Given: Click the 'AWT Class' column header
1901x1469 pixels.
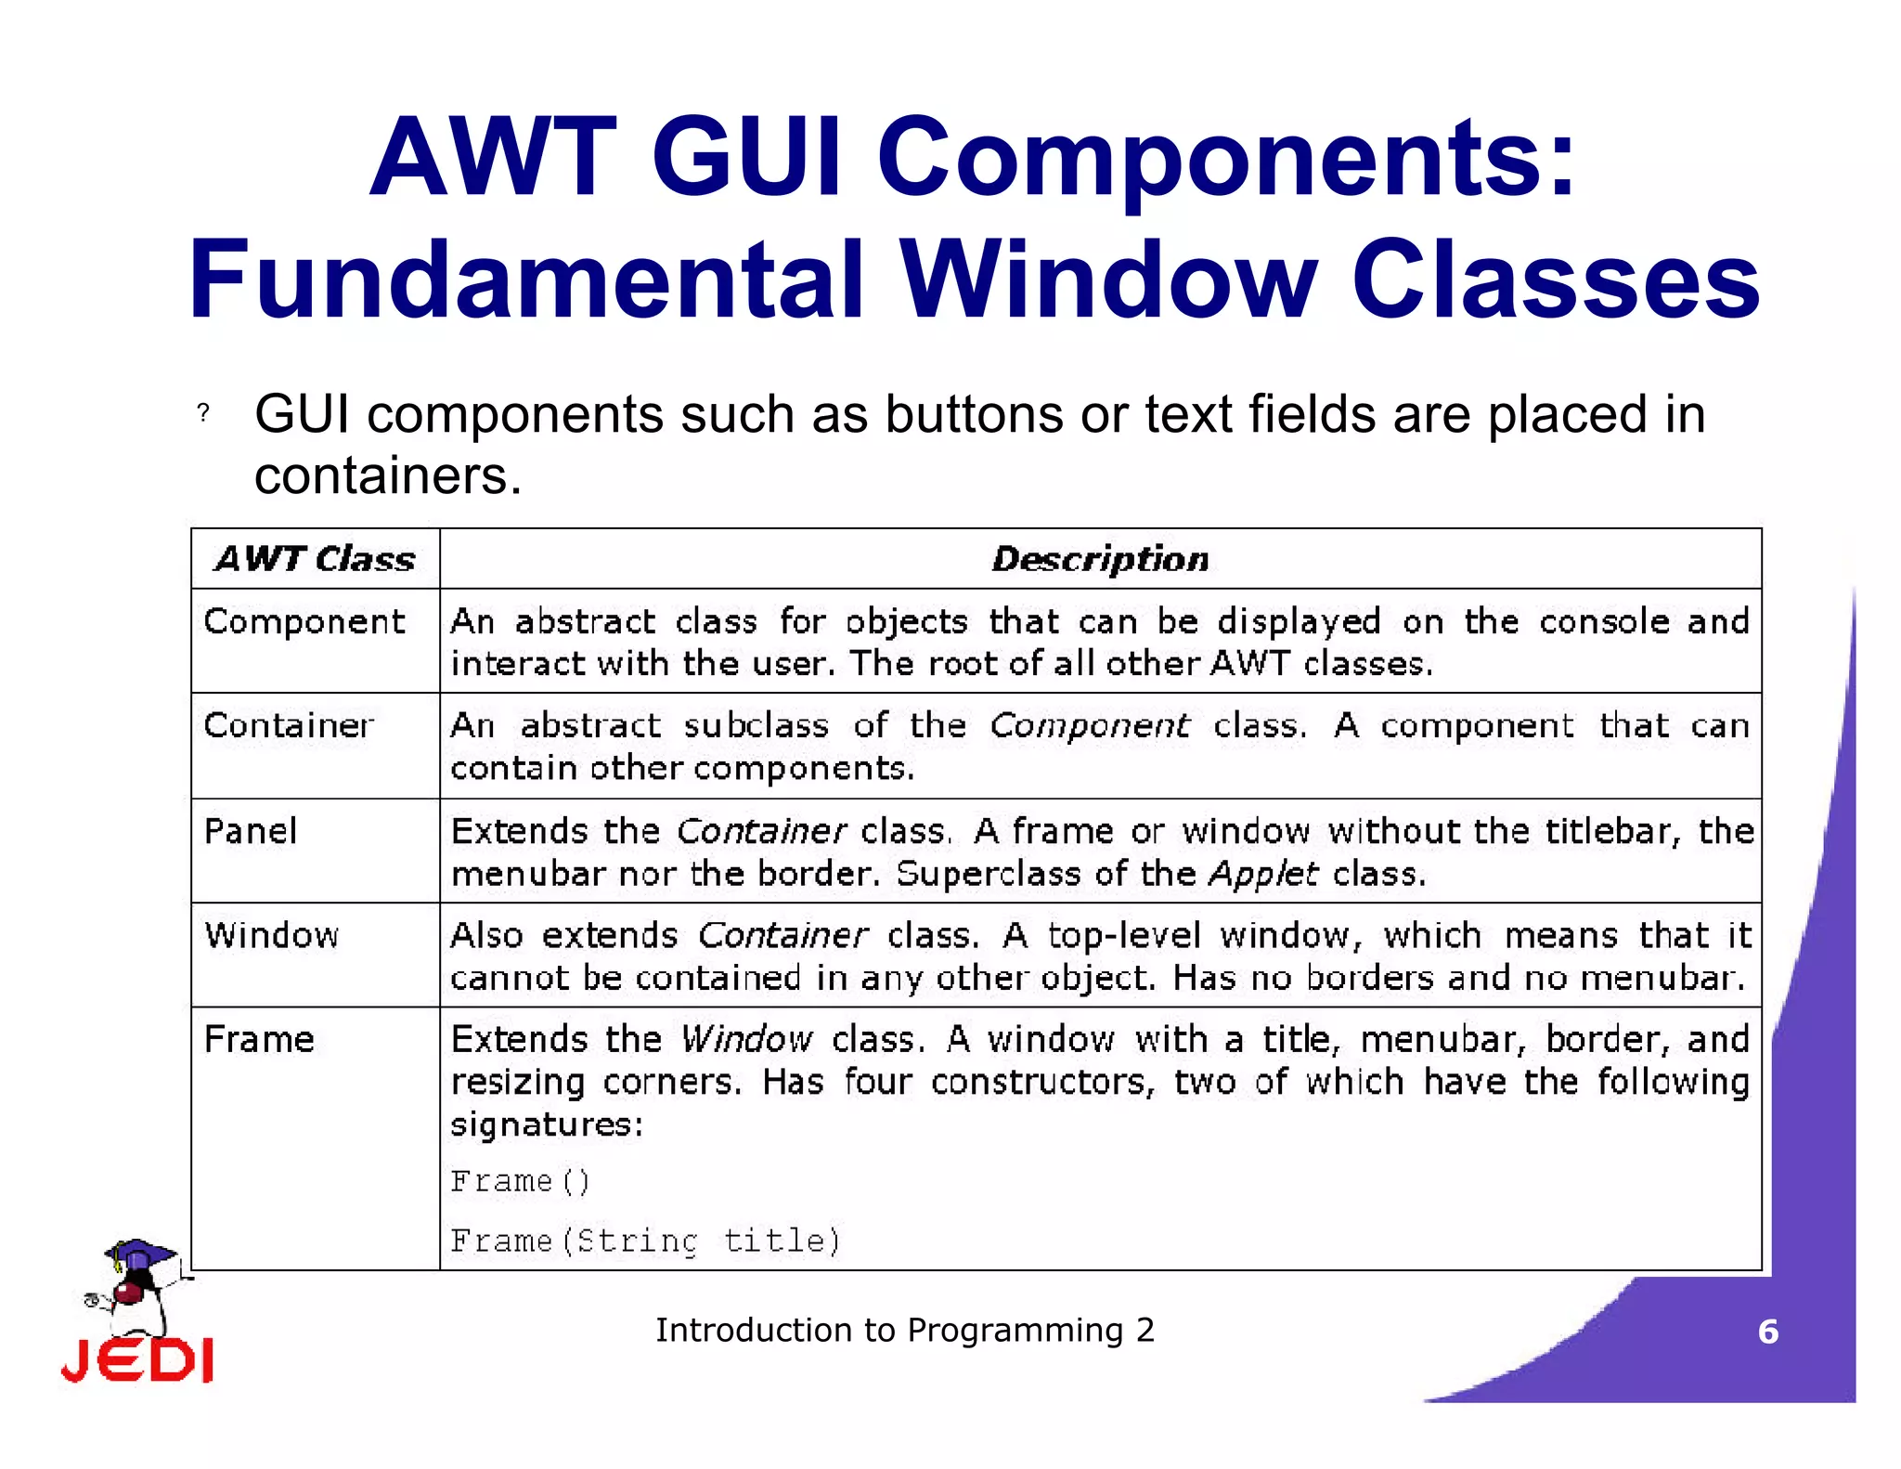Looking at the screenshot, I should click(x=315, y=559).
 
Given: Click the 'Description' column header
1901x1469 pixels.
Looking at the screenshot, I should click(x=1100, y=559).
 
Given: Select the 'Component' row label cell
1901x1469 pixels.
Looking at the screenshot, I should click(x=304, y=621).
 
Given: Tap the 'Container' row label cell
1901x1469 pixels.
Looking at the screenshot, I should click(x=289, y=725).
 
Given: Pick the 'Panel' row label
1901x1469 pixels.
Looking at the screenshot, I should click(x=251, y=831).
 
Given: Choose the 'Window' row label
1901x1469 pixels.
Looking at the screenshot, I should click(x=272, y=935).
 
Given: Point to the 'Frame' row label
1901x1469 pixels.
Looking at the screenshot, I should click(x=259, y=1039).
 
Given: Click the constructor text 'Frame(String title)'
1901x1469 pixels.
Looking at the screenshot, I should click(x=645, y=1241).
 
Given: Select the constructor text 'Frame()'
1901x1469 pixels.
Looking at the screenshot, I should click(x=520, y=1181).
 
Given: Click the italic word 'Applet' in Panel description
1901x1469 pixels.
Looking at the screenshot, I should click(x=1262, y=874).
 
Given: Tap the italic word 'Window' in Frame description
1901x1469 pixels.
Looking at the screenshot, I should click(x=746, y=1039).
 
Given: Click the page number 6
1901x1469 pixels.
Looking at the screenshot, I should click(x=1767, y=1332).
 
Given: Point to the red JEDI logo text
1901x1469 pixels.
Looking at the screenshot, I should click(x=137, y=1360).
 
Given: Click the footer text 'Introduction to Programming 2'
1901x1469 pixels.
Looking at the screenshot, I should click(x=905, y=1330).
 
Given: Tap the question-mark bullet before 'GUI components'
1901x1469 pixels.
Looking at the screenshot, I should click(x=203, y=413).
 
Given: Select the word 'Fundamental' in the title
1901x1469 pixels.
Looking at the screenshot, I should click(x=526, y=279).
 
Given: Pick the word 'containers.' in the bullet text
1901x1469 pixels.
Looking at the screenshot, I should click(x=388, y=475).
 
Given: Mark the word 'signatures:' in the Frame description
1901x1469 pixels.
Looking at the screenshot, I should click(x=547, y=1124).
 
